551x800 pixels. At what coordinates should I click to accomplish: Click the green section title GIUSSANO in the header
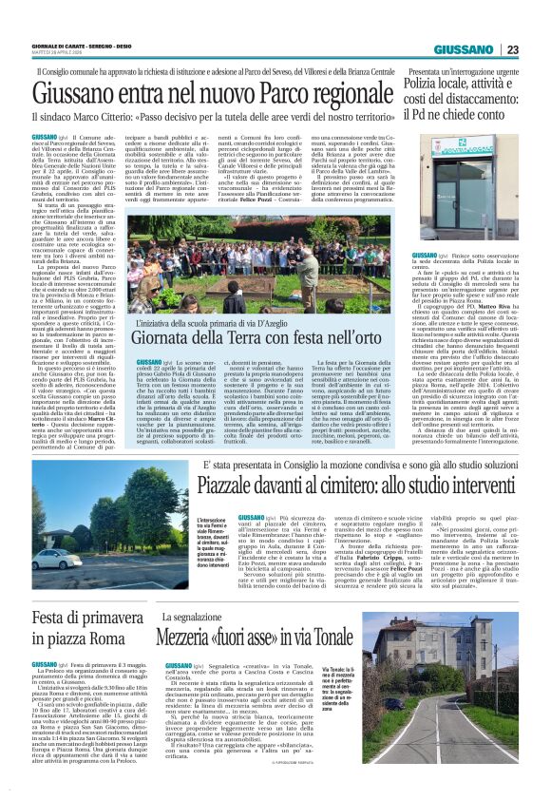click(466, 49)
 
